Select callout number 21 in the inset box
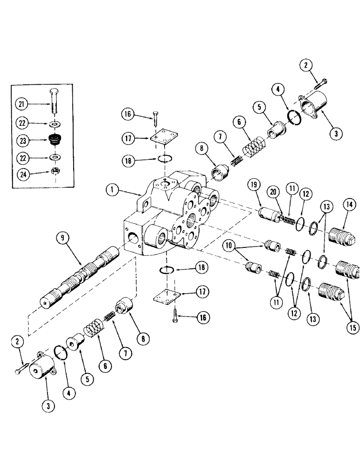point(21,103)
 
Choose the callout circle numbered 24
point(21,175)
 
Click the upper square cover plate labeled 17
point(161,138)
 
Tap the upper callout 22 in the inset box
point(21,123)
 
